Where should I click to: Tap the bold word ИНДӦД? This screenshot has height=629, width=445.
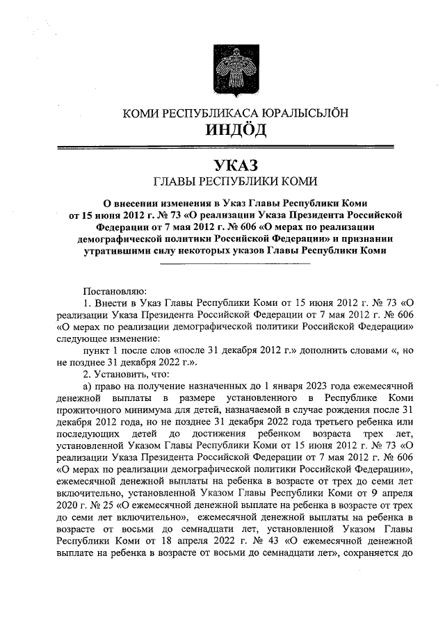[235, 130]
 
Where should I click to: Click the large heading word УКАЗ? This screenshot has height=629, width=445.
[235, 166]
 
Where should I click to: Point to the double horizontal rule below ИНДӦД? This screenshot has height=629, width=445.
[235, 147]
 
